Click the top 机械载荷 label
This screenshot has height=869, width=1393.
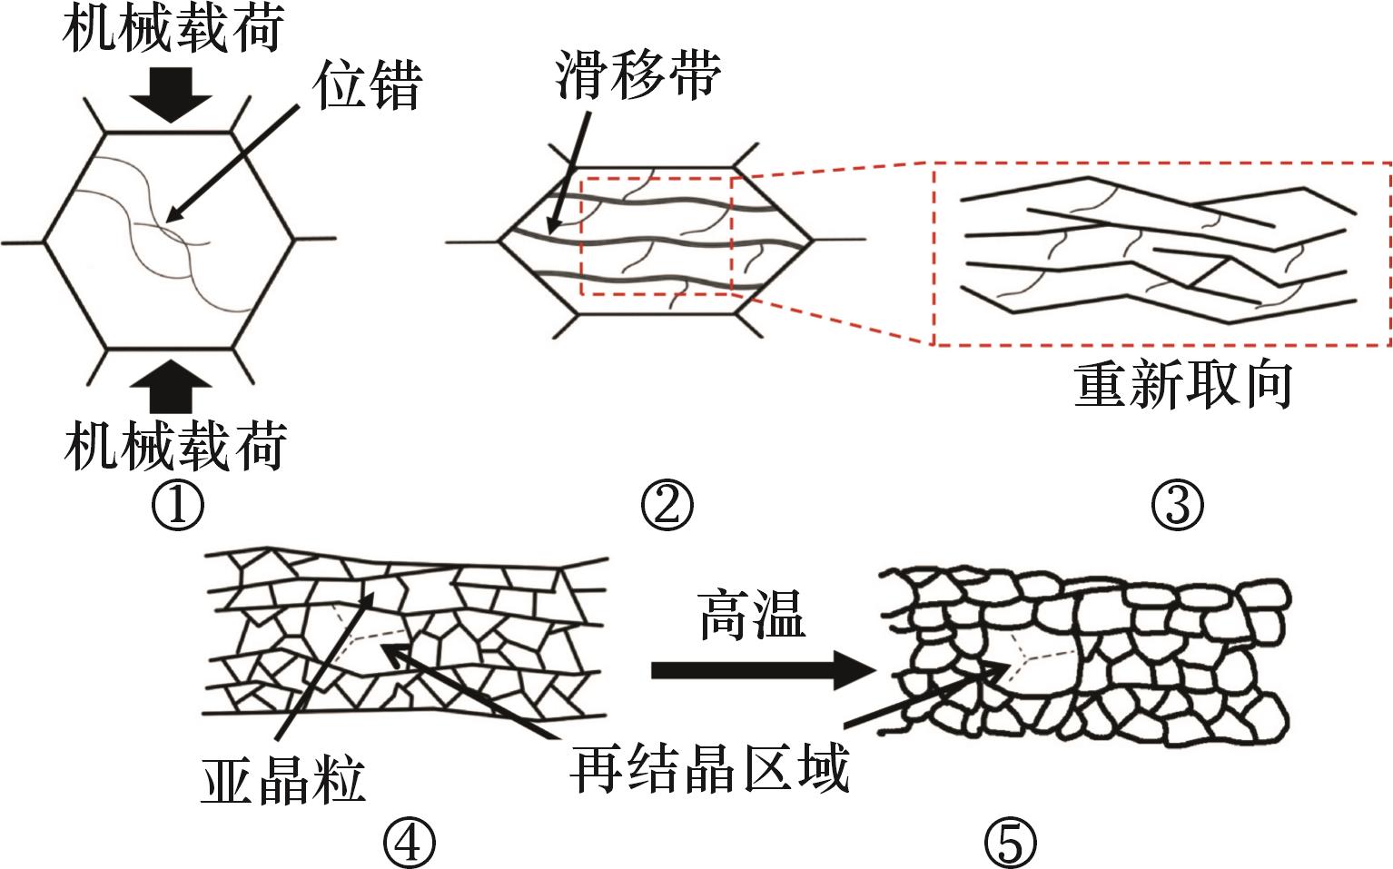click(x=173, y=29)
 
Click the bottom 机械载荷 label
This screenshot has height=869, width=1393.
click(x=175, y=445)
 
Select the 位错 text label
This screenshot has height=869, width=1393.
click(x=368, y=86)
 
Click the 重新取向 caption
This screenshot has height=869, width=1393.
click(x=1182, y=385)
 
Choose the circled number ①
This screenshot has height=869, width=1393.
click(x=178, y=506)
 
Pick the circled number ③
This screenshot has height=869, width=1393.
click(x=1178, y=506)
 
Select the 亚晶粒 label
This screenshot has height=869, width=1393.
click(x=282, y=781)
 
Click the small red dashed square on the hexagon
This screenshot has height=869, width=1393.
click(x=656, y=235)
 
